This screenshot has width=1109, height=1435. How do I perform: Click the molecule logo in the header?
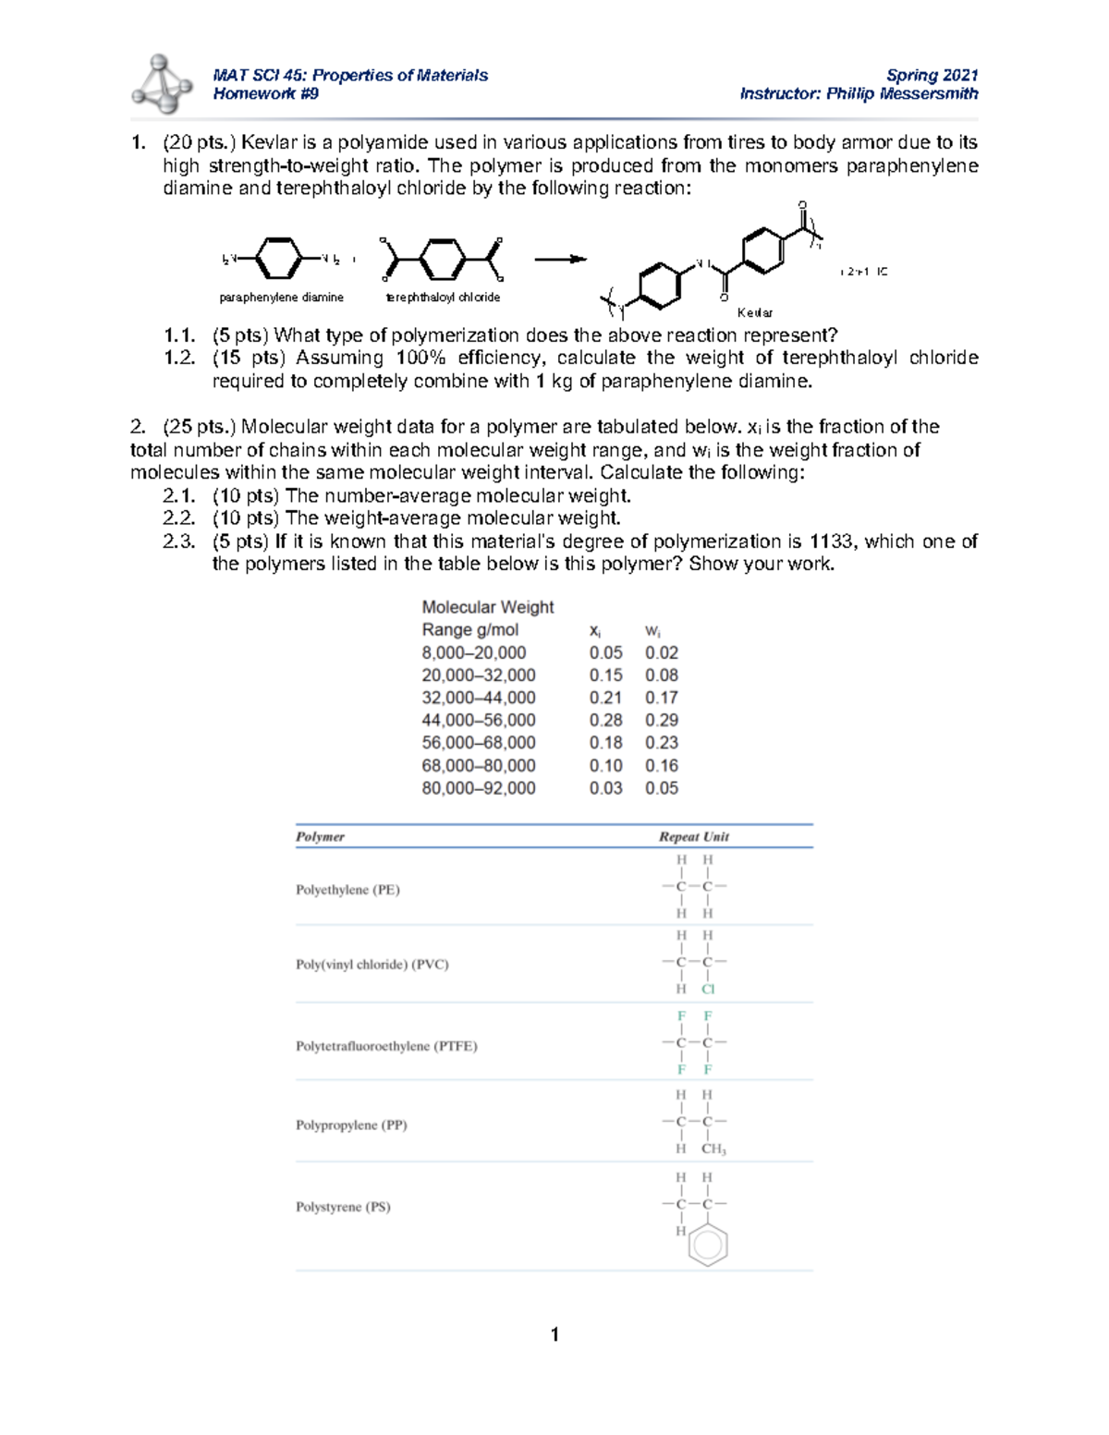point(162,84)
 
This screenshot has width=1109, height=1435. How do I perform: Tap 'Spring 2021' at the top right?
point(932,75)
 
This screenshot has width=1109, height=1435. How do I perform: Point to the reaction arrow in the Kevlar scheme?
point(560,260)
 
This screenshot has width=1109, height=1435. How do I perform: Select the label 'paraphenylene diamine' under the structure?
point(281,298)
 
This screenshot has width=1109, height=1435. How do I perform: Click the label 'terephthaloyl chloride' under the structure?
point(443,298)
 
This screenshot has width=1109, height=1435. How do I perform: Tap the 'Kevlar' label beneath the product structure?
point(755,312)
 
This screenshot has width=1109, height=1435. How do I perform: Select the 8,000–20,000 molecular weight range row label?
point(473,652)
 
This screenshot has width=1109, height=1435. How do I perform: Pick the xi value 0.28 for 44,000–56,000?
point(605,720)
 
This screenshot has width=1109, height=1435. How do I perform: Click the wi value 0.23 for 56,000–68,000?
point(662,743)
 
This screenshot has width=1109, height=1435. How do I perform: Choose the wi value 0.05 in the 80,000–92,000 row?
point(662,788)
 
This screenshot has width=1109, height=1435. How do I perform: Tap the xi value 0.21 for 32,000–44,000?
point(605,698)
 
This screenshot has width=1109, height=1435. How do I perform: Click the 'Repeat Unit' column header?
point(693,836)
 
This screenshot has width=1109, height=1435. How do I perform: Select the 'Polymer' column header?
point(320,836)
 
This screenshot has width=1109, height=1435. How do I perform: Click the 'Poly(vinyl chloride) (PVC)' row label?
point(372,964)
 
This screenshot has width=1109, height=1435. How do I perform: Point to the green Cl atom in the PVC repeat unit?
point(708,989)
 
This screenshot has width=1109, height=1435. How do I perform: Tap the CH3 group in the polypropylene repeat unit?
point(713,1149)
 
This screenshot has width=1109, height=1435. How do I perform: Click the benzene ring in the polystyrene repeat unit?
point(708,1245)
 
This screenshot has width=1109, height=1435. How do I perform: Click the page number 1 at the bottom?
point(554,1334)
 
